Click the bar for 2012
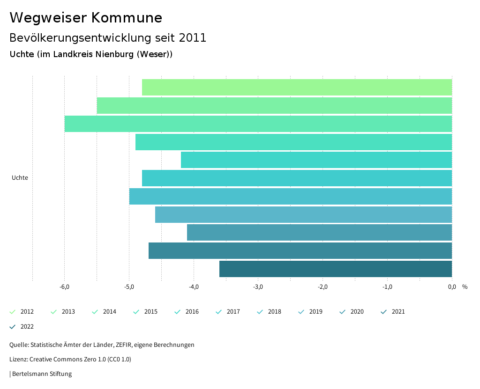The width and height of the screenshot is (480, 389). pos(297,88)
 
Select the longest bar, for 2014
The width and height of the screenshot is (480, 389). pos(258,124)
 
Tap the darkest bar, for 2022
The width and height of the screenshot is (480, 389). pos(335,269)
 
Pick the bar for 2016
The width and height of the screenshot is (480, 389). pos(316,160)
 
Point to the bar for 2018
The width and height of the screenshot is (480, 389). pos(291,197)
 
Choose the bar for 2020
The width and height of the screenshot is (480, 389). pos(319,233)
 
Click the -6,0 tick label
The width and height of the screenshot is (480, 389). pos(65,287)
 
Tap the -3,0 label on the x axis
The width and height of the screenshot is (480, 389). pos(258,287)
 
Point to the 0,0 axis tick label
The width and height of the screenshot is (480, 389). pos(451,287)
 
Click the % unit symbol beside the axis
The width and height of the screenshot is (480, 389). pos(465,287)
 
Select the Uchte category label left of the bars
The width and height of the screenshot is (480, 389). pos(20,178)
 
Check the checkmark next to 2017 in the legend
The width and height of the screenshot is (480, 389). pos(219,312)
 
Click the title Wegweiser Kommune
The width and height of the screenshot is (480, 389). pos(86,18)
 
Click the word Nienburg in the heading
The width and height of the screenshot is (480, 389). pos(114,54)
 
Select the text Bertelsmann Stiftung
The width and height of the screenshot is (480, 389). pos(42,374)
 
